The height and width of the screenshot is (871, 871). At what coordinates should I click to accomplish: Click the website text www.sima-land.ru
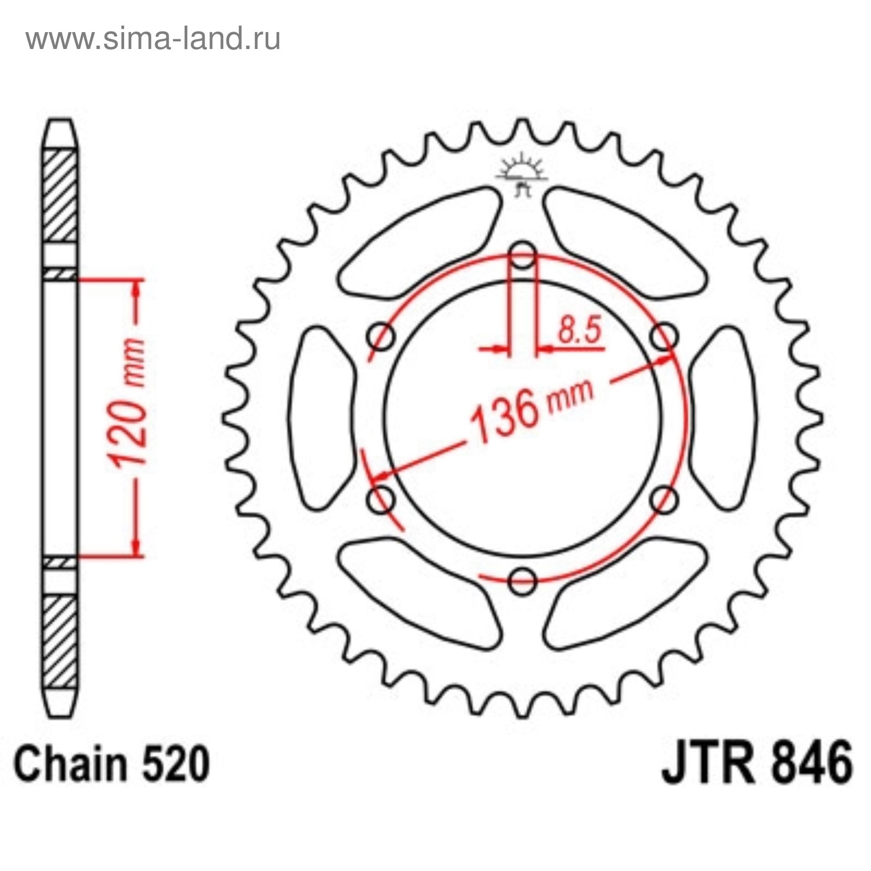click(x=153, y=39)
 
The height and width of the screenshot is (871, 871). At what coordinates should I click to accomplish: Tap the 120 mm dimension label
click(x=128, y=403)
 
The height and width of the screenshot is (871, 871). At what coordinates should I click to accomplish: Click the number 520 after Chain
click(x=175, y=764)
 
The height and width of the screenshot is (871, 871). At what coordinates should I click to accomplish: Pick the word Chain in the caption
click(x=71, y=764)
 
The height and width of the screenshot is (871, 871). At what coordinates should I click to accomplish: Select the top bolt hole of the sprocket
click(x=523, y=255)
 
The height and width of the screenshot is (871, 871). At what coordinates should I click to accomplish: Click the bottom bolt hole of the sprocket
click(x=523, y=581)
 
